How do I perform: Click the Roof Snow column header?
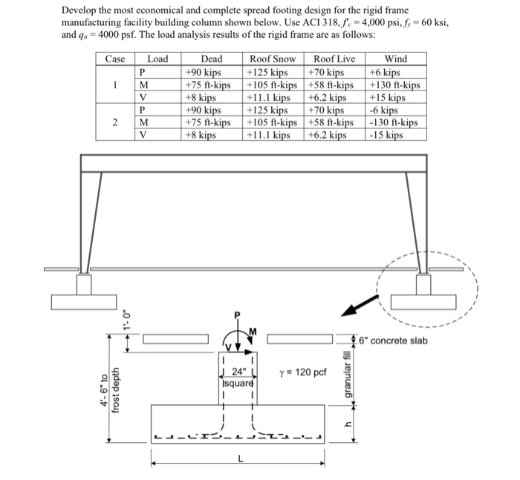(x=273, y=59)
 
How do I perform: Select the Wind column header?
(x=395, y=59)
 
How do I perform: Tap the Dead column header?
(x=212, y=59)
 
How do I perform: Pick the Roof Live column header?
(x=334, y=59)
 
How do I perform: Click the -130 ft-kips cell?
(x=393, y=122)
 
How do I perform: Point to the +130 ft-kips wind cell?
(x=394, y=85)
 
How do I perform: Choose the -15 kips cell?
(x=385, y=135)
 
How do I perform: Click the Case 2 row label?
(x=115, y=122)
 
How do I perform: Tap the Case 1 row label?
(x=115, y=85)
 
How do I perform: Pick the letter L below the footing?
(x=238, y=458)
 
